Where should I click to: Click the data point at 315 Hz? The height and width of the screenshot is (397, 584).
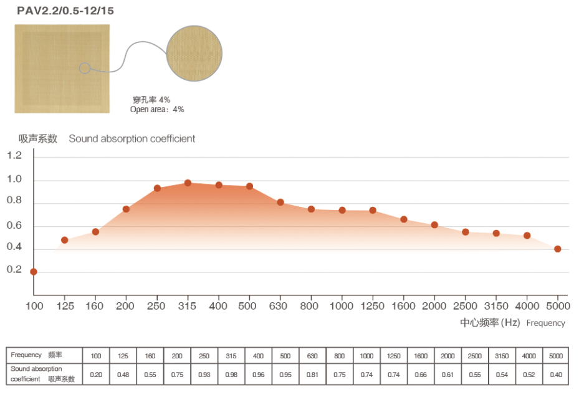click(188, 183)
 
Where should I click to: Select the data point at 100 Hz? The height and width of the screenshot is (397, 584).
click(34, 272)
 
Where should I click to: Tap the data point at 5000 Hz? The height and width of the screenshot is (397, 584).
click(557, 249)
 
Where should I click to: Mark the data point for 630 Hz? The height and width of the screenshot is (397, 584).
click(280, 202)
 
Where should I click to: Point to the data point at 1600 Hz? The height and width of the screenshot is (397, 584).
click(404, 219)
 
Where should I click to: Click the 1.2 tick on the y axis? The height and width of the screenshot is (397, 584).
click(14, 156)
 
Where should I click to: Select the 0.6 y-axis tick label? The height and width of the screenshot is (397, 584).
click(14, 226)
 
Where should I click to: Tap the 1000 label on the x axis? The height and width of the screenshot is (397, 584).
click(342, 306)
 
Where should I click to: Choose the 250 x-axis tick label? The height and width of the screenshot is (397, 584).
click(157, 306)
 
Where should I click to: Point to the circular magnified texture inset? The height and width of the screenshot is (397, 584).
click(194, 54)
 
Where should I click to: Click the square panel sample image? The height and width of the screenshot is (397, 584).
click(62, 69)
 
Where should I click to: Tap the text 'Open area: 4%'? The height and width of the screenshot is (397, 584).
click(157, 110)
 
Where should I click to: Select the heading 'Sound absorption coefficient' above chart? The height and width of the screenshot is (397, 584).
click(132, 138)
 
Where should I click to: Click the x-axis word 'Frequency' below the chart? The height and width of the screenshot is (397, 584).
click(546, 323)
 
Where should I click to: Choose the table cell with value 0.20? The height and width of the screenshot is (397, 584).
click(95, 375)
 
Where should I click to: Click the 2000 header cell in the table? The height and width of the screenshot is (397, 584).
click(448, 355)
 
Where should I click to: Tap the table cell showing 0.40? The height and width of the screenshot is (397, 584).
click(556, 375)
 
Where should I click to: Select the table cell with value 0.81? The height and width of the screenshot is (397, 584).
click(312, 375)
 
